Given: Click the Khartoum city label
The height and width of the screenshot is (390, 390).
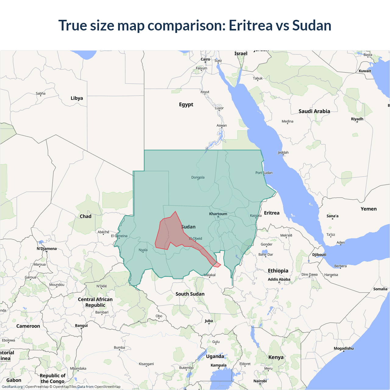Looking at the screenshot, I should tap(218, 214).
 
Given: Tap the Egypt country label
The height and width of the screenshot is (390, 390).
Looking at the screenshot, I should tap(186, 105).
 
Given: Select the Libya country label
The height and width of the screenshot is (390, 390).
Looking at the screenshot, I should tap(77, 98).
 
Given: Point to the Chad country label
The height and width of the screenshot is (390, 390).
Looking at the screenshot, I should tap(86, 216).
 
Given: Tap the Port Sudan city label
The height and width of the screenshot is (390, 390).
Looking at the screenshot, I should tap(264, 173).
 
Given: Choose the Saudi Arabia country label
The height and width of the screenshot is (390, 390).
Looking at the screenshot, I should tap(314, 112).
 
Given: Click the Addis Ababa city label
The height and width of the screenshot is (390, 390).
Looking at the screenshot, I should tap(279, 279).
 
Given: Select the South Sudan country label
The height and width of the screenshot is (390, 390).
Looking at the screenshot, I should tap(190, 294).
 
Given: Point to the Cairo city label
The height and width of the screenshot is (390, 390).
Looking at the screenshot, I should tap(205, 59).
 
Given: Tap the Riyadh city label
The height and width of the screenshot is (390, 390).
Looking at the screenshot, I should tap(357, 119).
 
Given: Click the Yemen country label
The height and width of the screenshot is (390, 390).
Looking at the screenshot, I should tap(369, 209).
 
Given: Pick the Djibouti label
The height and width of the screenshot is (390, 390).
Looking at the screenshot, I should tap(319, 255).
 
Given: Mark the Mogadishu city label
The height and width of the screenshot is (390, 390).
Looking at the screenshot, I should tap(344, 349).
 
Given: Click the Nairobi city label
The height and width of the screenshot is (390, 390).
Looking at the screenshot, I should tap(260, 381).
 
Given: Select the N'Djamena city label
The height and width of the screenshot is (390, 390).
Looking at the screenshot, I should tap(47, 249).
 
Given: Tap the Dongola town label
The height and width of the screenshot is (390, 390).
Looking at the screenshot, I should tap(198, 177).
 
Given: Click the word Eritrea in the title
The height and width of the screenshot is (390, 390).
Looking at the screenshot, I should tap(250, 25).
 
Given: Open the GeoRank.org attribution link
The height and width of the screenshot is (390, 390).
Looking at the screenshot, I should tap(12, 387).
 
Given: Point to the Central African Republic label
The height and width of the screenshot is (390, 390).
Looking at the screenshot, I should tap(95, 302).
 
